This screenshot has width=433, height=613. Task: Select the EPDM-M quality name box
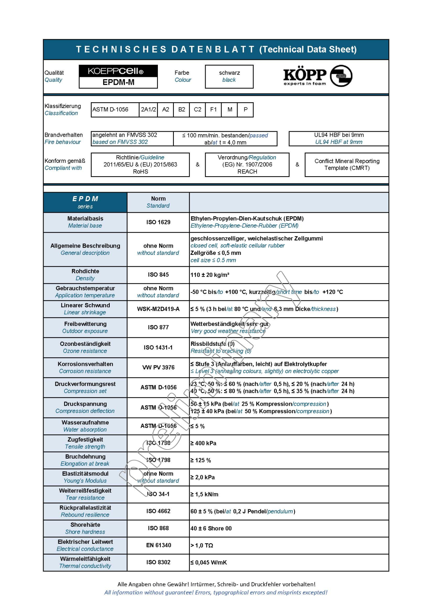tap(118, 82)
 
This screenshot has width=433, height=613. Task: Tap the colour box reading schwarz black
tap(229, 76)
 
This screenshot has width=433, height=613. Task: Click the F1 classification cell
tap(214, 109)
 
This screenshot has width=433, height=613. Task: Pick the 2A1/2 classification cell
tap(148, 109)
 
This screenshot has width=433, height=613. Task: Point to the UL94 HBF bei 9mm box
tap(339, 138)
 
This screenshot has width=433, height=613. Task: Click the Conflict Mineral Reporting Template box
tap(346, 165)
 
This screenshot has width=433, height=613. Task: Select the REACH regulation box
tap(247, 165)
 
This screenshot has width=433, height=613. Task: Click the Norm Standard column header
tap(158, 202)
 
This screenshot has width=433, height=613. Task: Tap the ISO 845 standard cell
tap(158, 275)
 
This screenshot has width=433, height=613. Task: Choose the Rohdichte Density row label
tap(85, 275)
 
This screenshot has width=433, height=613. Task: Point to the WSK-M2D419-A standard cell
tap(158, 309)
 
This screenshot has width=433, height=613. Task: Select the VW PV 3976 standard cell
tap(158, 368)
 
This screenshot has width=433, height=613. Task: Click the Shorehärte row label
tap(85, 528)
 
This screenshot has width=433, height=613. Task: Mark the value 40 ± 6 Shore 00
tap(211, 529)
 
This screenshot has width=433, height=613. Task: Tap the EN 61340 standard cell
tap(158, 545)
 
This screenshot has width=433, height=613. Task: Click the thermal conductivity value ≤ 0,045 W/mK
tap(209, 563)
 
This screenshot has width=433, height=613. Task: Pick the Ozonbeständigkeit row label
tap(85, 347)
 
